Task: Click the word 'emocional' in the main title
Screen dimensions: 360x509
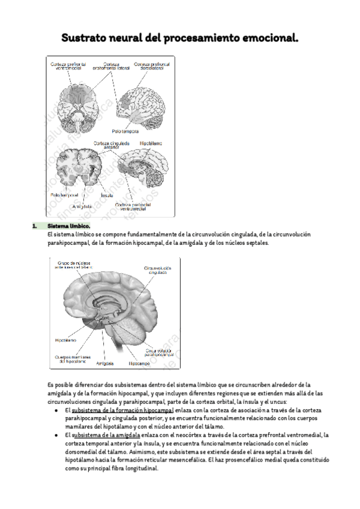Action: (266, 39)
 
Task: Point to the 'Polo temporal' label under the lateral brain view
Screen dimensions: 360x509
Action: (125, 130)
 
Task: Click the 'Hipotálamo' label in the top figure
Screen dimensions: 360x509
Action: (149, 143)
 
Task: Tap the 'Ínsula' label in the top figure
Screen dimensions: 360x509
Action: (107, 195)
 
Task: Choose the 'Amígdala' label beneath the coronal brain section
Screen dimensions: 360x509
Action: (74, 206)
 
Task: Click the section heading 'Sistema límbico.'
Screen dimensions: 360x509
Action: (68, 226)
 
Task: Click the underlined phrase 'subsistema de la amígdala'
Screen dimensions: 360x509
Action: (106, 435)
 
